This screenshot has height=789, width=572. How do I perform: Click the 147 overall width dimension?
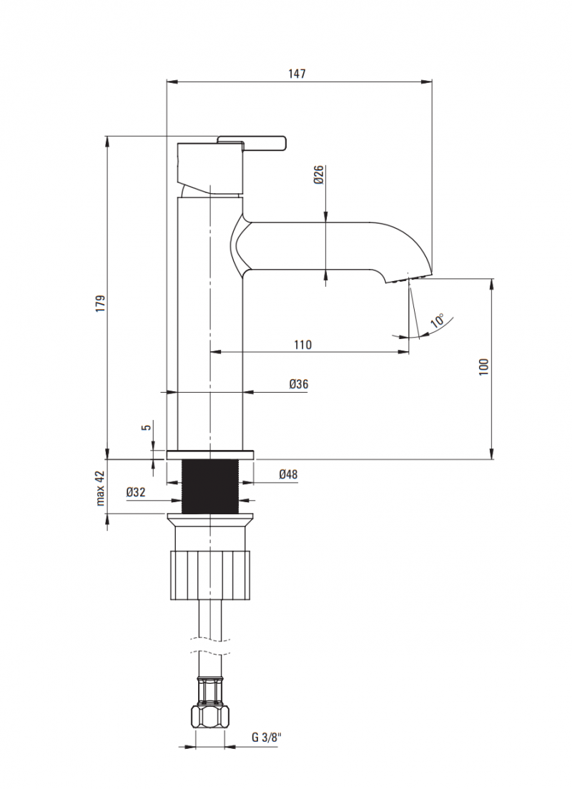298,74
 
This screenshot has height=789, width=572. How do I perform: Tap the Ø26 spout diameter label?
319,175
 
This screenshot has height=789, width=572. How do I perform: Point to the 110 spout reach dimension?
302,345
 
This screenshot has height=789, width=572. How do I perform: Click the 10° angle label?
438,320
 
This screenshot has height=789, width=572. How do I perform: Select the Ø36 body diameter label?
299,384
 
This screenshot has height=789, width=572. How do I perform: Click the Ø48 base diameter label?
288,474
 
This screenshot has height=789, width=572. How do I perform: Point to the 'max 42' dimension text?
101,488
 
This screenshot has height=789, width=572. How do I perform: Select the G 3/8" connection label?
265,737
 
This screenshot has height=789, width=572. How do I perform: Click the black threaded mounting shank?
210,486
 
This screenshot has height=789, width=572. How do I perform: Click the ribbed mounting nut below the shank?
210,574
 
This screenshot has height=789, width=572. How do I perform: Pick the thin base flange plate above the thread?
210,454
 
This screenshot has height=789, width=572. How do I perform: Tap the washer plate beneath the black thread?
210,518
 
